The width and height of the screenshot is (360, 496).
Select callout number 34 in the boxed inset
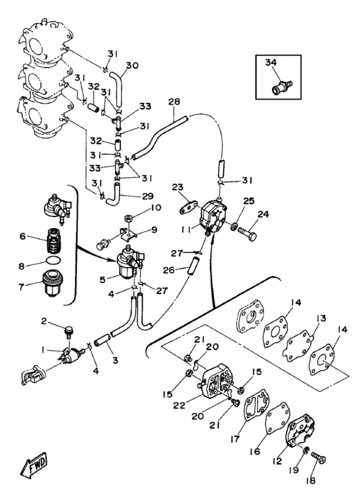(x=271, y=62)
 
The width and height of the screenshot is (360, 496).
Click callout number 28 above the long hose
(x=174, y=102)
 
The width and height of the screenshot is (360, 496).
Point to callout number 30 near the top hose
(x=132, y=65)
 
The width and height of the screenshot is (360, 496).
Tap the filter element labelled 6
(x=53, y=240)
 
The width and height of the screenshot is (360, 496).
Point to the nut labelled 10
(x=129, y=218)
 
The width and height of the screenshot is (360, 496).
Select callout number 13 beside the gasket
(x=321, y=318)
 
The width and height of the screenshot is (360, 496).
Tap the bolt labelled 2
(x=68, y=331)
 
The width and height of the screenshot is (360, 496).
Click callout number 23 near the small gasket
(x=177, y=187)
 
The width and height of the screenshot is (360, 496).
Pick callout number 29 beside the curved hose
(x=148, y=196)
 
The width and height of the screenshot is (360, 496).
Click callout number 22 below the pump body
(x=179, y=405)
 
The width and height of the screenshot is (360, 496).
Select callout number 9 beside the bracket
(x=154, y=229)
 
